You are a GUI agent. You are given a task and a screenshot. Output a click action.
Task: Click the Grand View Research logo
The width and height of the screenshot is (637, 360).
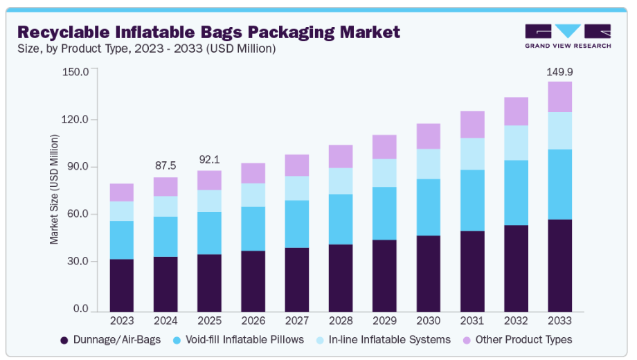pos(568,35)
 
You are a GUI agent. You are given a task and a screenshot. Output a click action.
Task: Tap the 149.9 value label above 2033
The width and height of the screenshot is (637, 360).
pos(560,71)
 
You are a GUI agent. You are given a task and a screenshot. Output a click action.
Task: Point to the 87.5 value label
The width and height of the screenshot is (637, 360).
pos(165,166)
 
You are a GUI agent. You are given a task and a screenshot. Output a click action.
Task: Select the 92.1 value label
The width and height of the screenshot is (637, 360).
pos(210,160)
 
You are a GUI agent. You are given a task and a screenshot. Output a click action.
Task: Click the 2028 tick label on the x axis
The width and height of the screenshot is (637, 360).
pos(341,321)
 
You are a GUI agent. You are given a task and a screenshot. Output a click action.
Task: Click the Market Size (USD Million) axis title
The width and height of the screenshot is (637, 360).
pos(54,190)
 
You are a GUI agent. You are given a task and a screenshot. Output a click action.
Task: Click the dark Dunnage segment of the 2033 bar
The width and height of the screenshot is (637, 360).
pos(560,265)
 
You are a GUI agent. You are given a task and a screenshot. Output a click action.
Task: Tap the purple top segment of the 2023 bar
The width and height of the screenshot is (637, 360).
pos(122,192)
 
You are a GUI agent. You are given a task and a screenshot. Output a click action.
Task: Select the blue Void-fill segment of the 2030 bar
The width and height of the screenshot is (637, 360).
pos(429,207)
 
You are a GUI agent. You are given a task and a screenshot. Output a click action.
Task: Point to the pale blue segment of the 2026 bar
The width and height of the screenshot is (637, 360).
pos(253,195)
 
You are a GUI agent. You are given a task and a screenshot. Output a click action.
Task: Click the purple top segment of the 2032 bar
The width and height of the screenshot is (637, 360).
pos(517,111)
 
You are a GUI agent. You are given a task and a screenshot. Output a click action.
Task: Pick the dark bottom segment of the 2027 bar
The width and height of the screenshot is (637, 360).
pos(297,279)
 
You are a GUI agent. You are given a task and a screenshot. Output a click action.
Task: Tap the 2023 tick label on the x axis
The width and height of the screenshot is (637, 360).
pos(122,321)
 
